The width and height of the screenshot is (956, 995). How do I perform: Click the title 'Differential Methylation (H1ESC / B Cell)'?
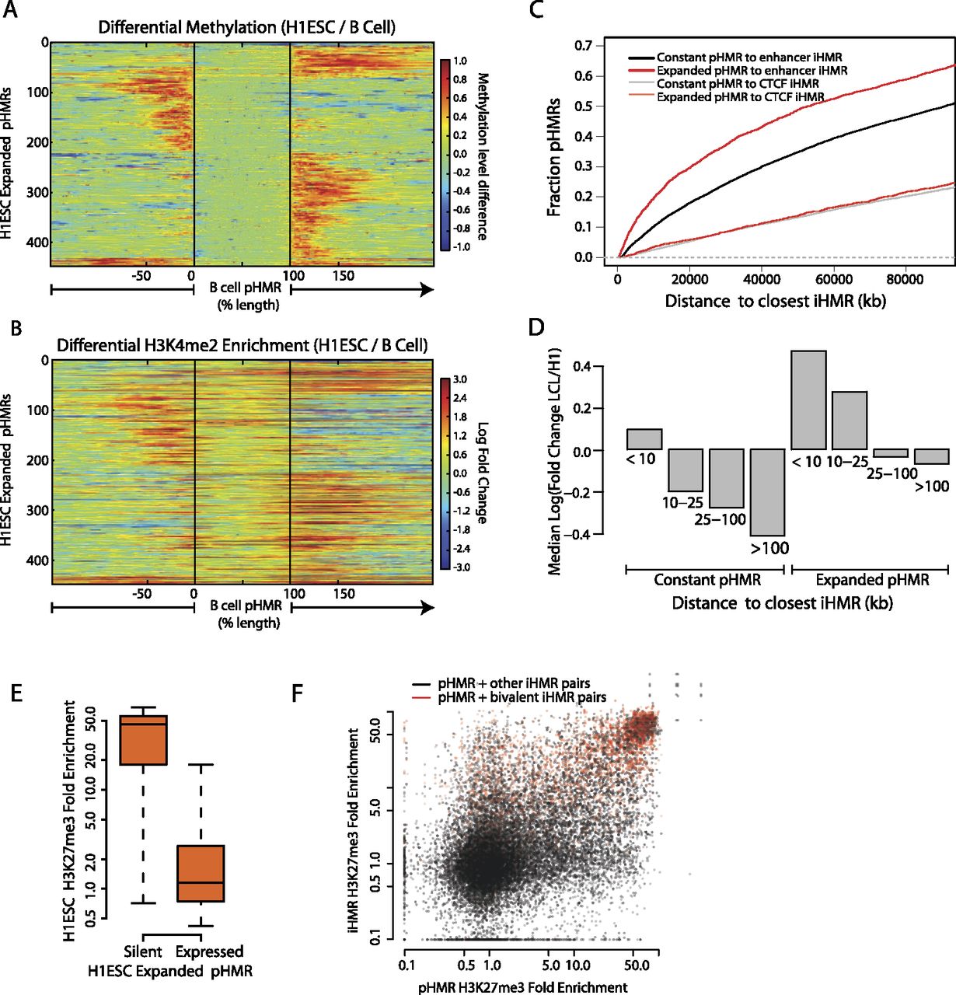pyautogui.click(x=246, y=27)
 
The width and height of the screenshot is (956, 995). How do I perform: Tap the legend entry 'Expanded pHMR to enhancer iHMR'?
pyautogui.click(x=752, y=71)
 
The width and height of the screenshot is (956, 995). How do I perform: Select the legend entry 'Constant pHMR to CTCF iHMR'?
pyautogui.click(x=737, y=84)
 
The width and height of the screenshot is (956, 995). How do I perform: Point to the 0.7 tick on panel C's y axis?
pyautogui.click(x=584, y=46)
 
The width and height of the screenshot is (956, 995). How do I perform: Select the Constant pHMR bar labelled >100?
pyautogui.click(x=766, y=492)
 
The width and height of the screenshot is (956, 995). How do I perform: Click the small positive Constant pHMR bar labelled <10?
pyautogui.click(x=644, y=439)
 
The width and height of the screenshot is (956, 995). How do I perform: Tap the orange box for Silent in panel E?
pyautogui.click(x=143, y=739)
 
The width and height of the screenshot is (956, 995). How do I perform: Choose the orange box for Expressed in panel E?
pyautogui.click(x=201, y=873)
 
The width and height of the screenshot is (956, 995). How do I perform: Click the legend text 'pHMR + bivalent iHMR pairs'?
pyautogui.click(x=522, y=698)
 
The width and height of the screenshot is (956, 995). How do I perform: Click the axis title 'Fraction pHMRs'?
pyautogui.click(x=554, y=156)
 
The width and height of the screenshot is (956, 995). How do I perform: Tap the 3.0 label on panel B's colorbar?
pyautogui.click(x=459, y=379)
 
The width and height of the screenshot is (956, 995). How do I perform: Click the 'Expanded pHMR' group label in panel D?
pyautogui.click(x=872, y=580)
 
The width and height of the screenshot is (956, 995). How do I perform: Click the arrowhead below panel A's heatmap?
pyautogui.click(x=427, y=290)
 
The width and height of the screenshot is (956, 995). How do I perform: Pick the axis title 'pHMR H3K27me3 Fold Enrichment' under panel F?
pyautogui.click(x=522, y=987)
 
